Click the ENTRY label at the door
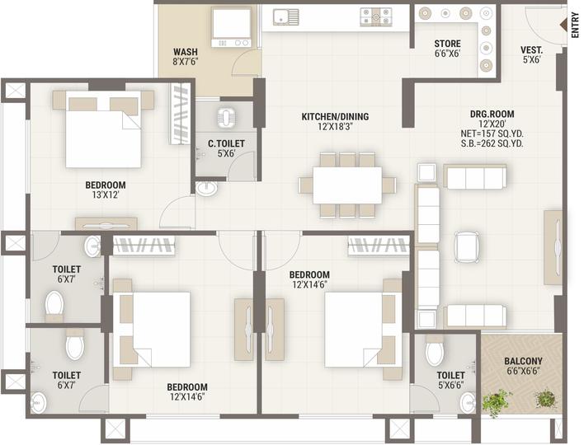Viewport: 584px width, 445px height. coord(575,25)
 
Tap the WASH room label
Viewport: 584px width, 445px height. coord(186,51)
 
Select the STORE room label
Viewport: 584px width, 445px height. coord(447,44)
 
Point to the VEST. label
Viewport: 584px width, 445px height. coord(531,50)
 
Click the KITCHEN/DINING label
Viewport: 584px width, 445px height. coord(335,116)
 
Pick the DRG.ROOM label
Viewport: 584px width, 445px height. coord(492,115)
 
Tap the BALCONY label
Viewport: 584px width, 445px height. coord(523,361)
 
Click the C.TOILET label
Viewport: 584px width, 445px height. coord(226,143)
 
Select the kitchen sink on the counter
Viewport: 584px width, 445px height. coord(285,17)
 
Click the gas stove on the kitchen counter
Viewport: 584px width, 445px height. coord(376,17)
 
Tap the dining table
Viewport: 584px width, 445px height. coord(347,185)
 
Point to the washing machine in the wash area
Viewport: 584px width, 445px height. coord(231,28)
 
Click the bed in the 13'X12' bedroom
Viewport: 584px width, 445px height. coord(104,129)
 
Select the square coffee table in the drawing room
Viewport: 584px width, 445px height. coord(467,247)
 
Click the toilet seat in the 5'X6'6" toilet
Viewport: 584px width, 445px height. coord(435,350)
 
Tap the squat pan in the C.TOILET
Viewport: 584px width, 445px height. coord(226,118)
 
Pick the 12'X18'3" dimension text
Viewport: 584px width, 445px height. coord(335,127)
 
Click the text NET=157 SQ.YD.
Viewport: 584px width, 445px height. coord(492,134)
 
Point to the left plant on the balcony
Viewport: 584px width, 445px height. coord(496,403)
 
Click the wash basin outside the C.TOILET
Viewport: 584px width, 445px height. coord(206,188)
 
